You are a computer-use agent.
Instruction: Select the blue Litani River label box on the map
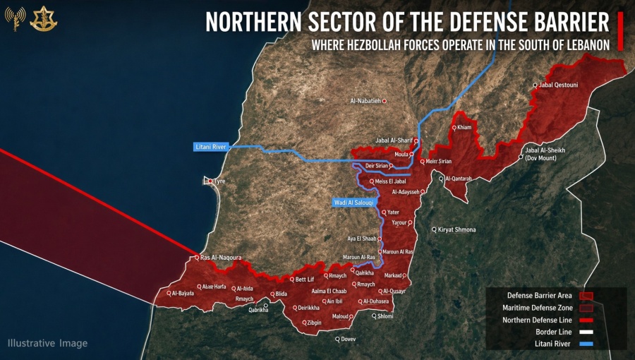pyautogui.click(x=210, y=147)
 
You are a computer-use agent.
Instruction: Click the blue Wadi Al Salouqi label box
pyautogui.click(x=353, y=203)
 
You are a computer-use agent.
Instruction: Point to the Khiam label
pyautogui.click(x=464, y=128)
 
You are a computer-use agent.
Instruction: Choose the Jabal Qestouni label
pyautogui.click(x=558, y=85)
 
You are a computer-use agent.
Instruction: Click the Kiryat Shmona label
pyautogui.click(x=456, y=230)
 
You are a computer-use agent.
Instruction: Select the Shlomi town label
pyautogui.click(x=385, y=316)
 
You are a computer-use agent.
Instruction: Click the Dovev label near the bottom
pyautogui.click(x=348, y=340)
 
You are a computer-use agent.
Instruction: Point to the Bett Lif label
pyautogui.click(x=304, y=280)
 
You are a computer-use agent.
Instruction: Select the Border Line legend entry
pyautogui.click(x=554, y=332)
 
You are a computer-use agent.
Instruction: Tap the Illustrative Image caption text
pyautogui.click(x=48, y=343)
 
